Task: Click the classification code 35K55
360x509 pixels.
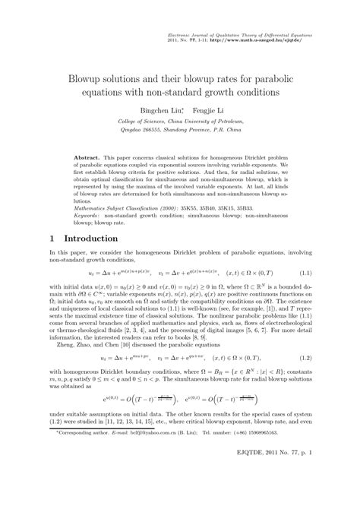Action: point(191,207)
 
